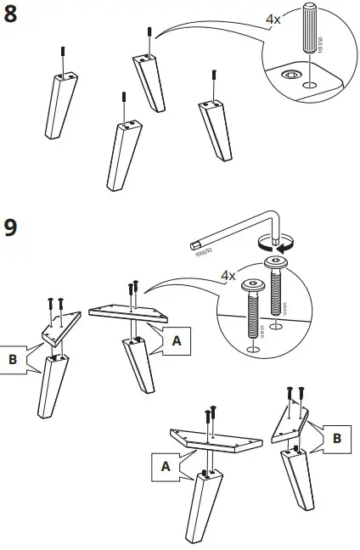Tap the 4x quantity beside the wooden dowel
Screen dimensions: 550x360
tap(272, 19)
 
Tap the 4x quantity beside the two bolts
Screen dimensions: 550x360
tap(228, 276)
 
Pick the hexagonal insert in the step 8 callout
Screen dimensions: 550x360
tap(291, 76)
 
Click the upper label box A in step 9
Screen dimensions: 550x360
tap(176, 340)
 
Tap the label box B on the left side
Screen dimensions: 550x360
tap(13, 359)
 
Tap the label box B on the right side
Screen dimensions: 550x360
tap(337, 439)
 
